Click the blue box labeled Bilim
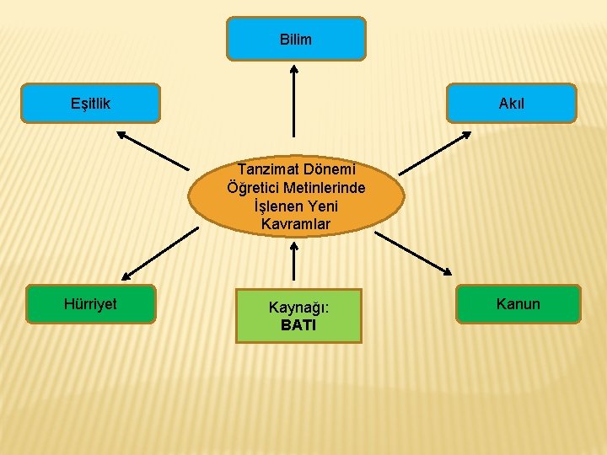pyautogui.click(x=296, y=39)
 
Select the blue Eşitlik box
pyautogui.click(x=91, y=104)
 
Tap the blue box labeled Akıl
pyautogui.click(x=512, y=104)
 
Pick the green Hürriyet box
pyautogui.click(x=91, y=304)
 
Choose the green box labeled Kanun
pyautogui.click(x=518, y=304)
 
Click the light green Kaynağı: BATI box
pyautogui.click(x=298, y=316)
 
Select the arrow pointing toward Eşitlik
pyautogui.click(x=153, y=150)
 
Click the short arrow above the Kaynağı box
pyautogui.click(x=293, y=261)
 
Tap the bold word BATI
pyautogui.click(x=298, y=325)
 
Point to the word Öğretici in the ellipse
pyautogui.click(x=250, y=187)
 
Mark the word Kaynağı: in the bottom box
pyautogui.click(x=298, y=308)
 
